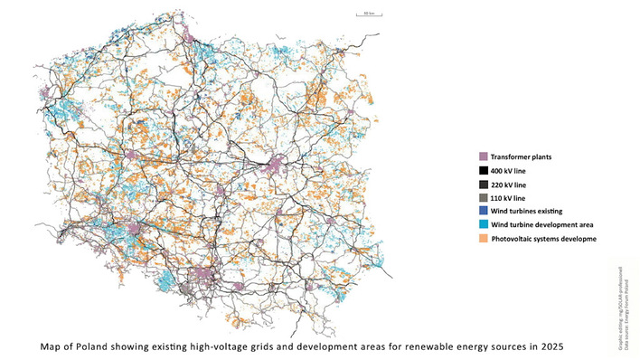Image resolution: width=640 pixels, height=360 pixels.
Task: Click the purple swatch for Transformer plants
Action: pos(483,157)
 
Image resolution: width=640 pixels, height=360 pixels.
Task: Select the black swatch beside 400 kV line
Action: pos(483,171)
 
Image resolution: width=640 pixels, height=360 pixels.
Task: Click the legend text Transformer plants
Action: pos(525,157)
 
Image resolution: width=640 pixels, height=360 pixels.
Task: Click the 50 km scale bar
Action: pos(344,15)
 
